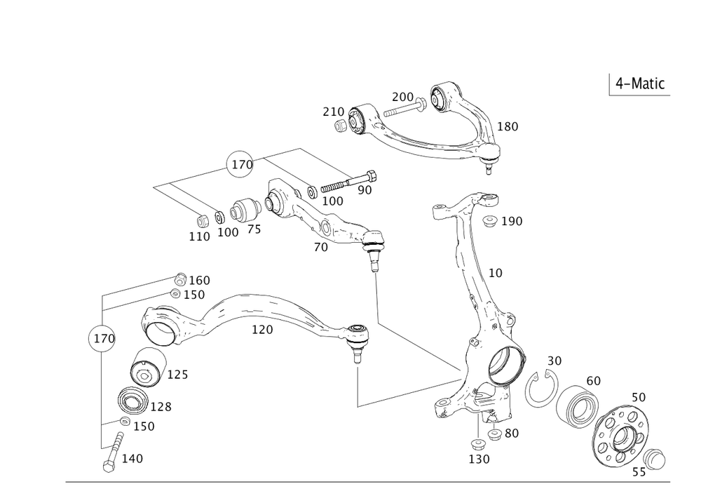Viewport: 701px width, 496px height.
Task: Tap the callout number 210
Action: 332,112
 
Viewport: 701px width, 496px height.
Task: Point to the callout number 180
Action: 508,127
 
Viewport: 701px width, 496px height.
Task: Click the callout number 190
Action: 512,222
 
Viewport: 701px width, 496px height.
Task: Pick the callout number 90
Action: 365,189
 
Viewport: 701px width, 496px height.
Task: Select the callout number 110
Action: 199,237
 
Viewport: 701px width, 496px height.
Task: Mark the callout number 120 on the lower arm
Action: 262,329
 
